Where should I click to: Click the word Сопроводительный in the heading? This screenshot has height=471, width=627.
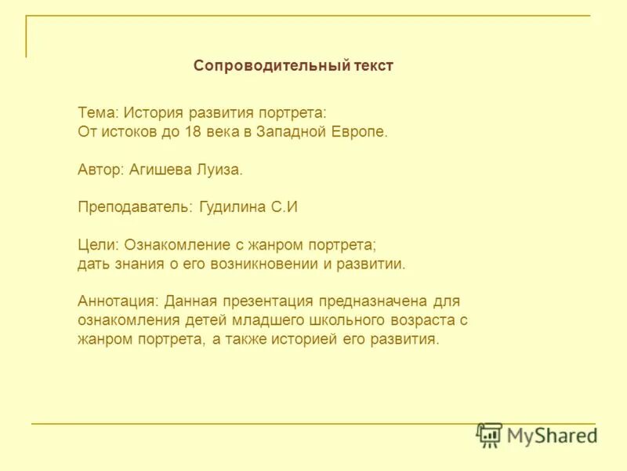[270, 66]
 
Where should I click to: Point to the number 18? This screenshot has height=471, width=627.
[193, 131]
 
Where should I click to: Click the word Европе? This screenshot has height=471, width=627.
[357, 131]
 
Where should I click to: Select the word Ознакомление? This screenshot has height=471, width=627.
[177, 245]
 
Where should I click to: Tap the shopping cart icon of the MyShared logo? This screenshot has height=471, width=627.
[489, 433]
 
